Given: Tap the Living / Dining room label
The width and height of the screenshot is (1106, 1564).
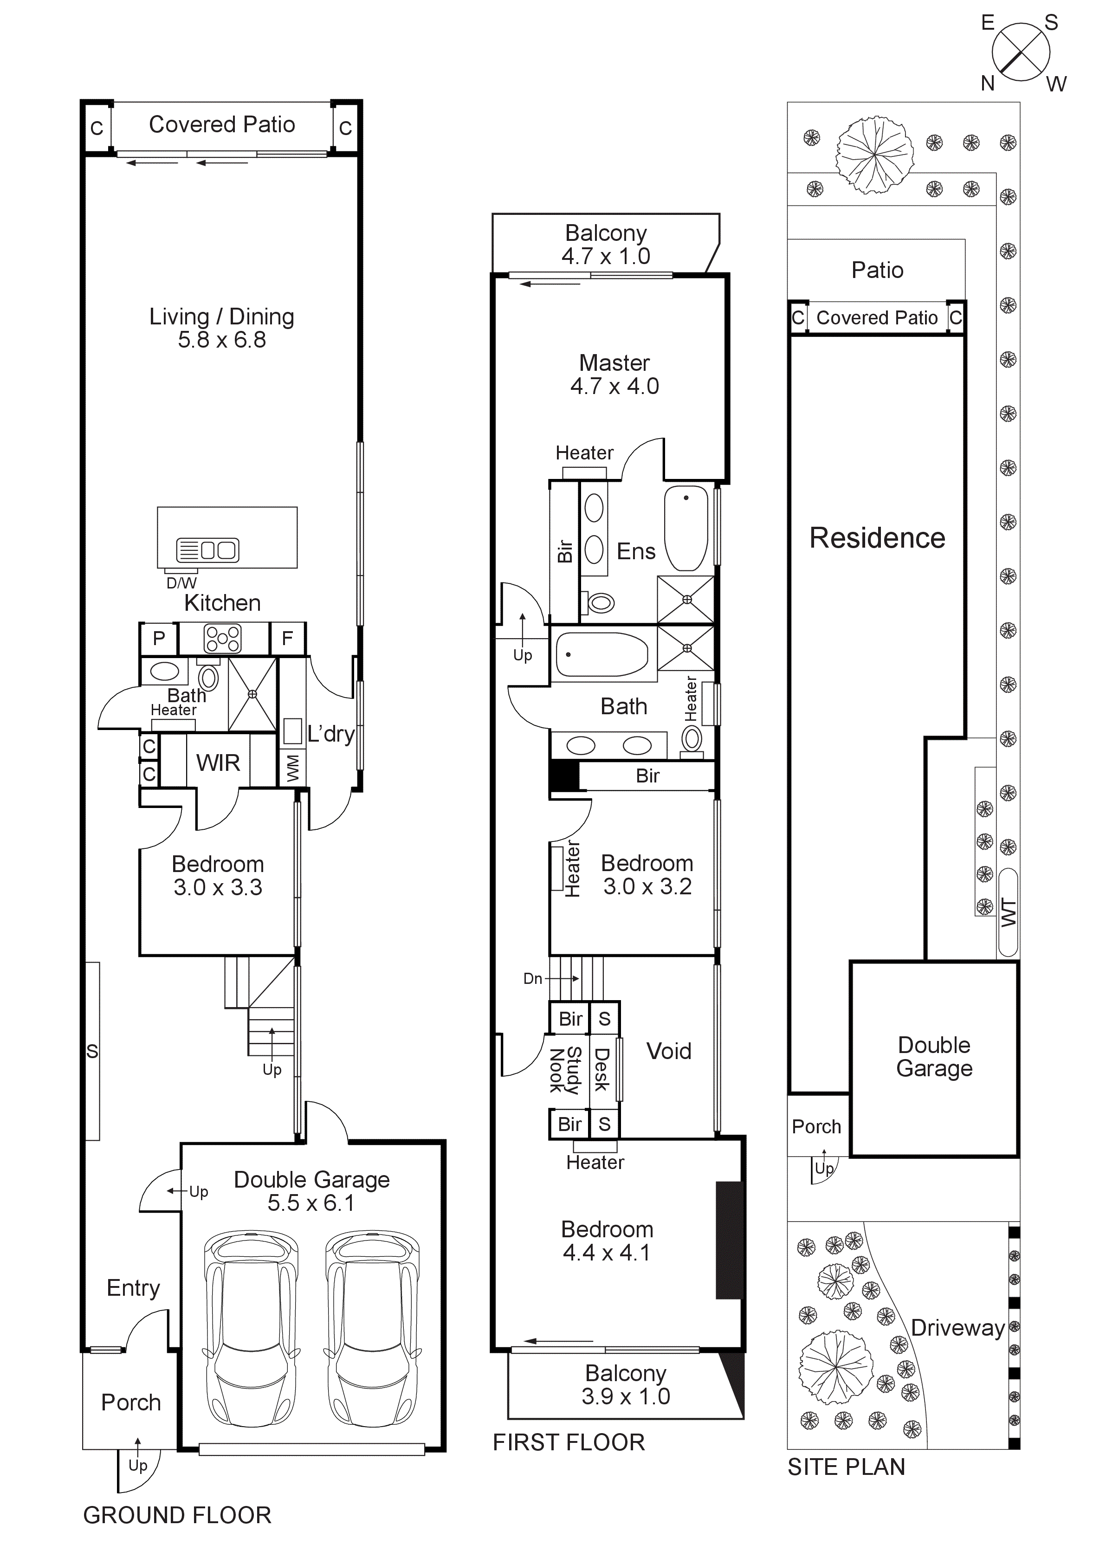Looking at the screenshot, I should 222,328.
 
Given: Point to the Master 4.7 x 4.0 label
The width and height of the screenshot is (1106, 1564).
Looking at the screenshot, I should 614,374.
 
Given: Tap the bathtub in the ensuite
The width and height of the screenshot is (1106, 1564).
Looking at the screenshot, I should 686,528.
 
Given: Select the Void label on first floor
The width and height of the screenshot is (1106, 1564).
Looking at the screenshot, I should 669,1051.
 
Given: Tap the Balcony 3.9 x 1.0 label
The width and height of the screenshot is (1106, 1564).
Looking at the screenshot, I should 625,1385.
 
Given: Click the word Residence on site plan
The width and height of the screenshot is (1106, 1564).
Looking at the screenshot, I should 877,538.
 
